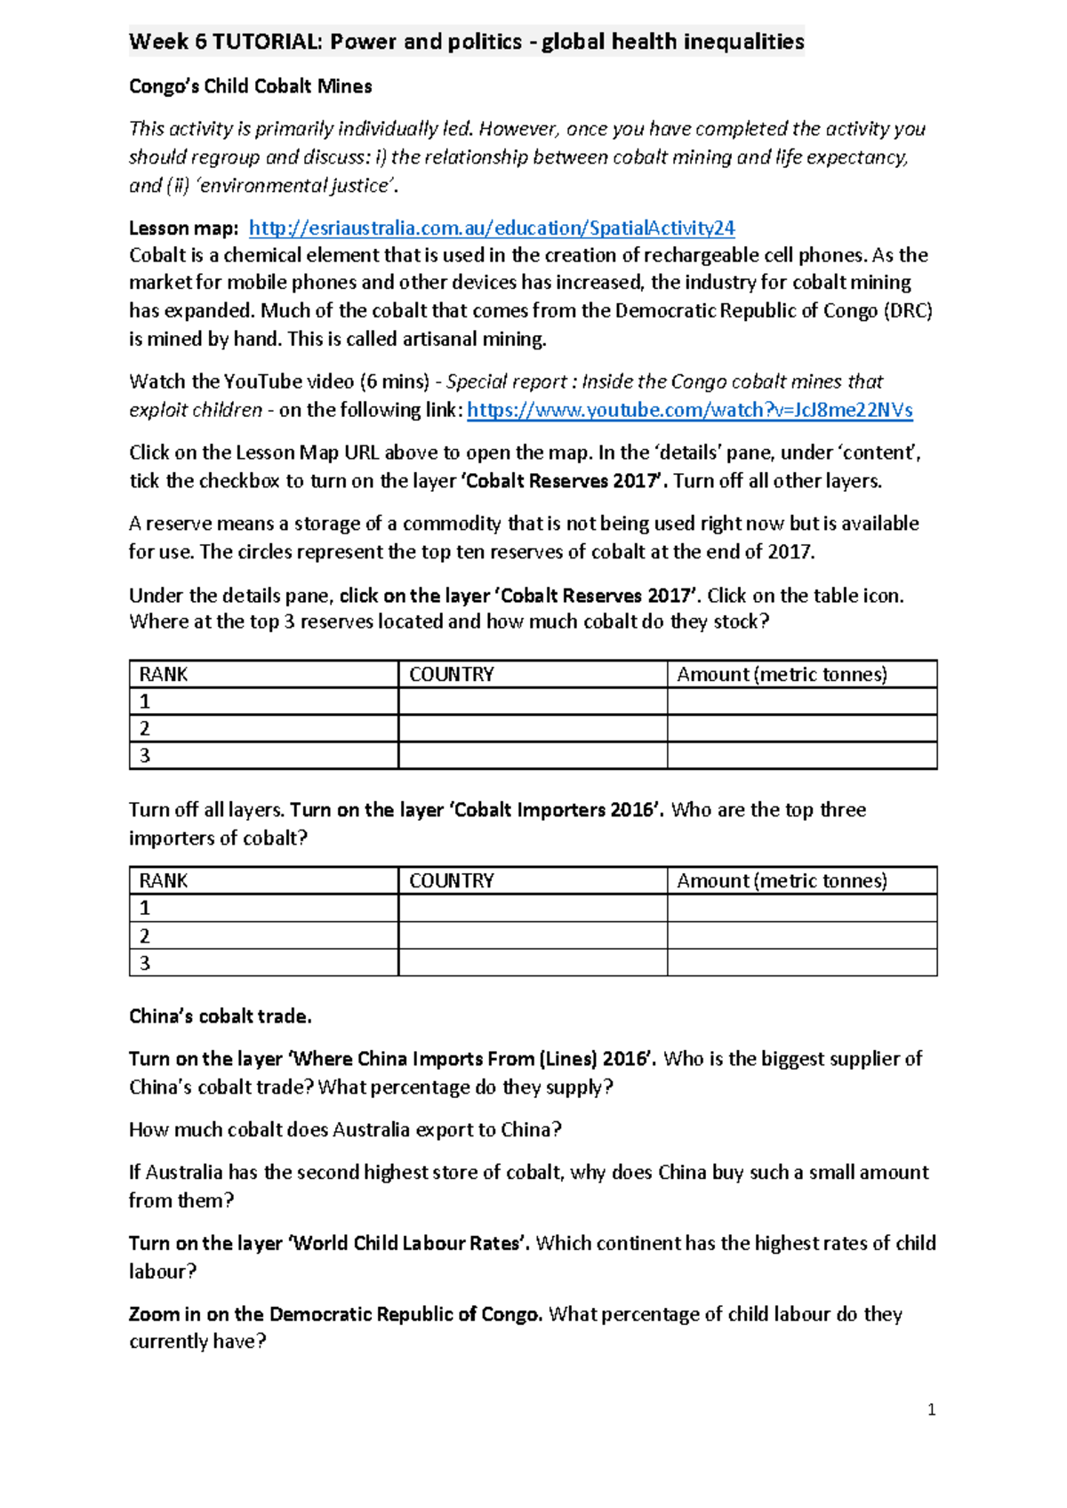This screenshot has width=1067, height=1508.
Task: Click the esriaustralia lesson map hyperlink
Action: click(491, 229)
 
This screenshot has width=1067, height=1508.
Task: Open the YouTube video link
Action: click(689, 410)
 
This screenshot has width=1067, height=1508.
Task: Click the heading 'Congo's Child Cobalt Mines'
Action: click(250, 86)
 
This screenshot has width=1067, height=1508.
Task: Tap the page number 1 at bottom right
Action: click(931, 1409)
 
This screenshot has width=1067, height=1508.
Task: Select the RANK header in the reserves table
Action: click(164, 674)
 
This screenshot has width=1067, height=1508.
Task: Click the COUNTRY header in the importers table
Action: click(451, 880)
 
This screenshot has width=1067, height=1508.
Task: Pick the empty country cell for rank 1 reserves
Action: click(532, 702)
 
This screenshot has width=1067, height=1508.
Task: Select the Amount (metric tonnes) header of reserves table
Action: click(782, 674)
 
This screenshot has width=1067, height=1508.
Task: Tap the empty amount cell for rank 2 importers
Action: click(801, 935)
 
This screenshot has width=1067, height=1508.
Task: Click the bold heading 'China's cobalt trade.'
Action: click(220, 1016)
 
